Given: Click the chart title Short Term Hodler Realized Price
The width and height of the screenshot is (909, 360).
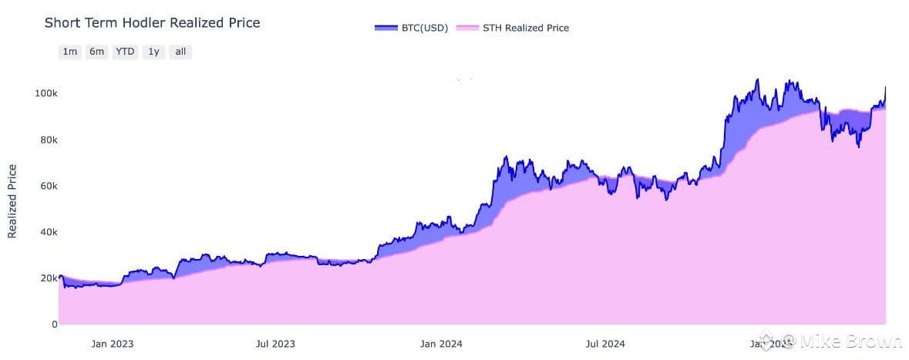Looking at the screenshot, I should point(152,23).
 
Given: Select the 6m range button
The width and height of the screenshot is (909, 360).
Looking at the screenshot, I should point(96,52).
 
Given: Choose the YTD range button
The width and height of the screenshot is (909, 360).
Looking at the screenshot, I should point(125,52).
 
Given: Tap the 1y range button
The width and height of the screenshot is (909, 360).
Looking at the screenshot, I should point(153,52).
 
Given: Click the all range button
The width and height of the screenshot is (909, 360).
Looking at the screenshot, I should point(180,52).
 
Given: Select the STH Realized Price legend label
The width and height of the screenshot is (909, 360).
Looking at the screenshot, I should point(525,28).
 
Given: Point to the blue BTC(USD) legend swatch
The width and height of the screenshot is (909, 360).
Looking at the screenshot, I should point(385,28).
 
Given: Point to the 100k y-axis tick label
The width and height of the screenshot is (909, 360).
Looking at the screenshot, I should point(45,93).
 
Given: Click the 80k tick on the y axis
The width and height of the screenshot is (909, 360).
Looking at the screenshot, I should point(47,140).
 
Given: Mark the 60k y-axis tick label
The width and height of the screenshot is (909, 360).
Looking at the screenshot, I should point(47,187).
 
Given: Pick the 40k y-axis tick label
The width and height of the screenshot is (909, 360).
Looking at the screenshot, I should point(47,232).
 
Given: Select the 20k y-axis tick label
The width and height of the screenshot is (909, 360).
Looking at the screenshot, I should point(47,278).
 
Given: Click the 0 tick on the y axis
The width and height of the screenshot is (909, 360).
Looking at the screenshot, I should point(54,325).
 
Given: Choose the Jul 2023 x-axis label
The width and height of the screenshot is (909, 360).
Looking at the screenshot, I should point(274,343).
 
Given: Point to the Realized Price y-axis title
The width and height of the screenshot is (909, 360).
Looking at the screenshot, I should point(12,200).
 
